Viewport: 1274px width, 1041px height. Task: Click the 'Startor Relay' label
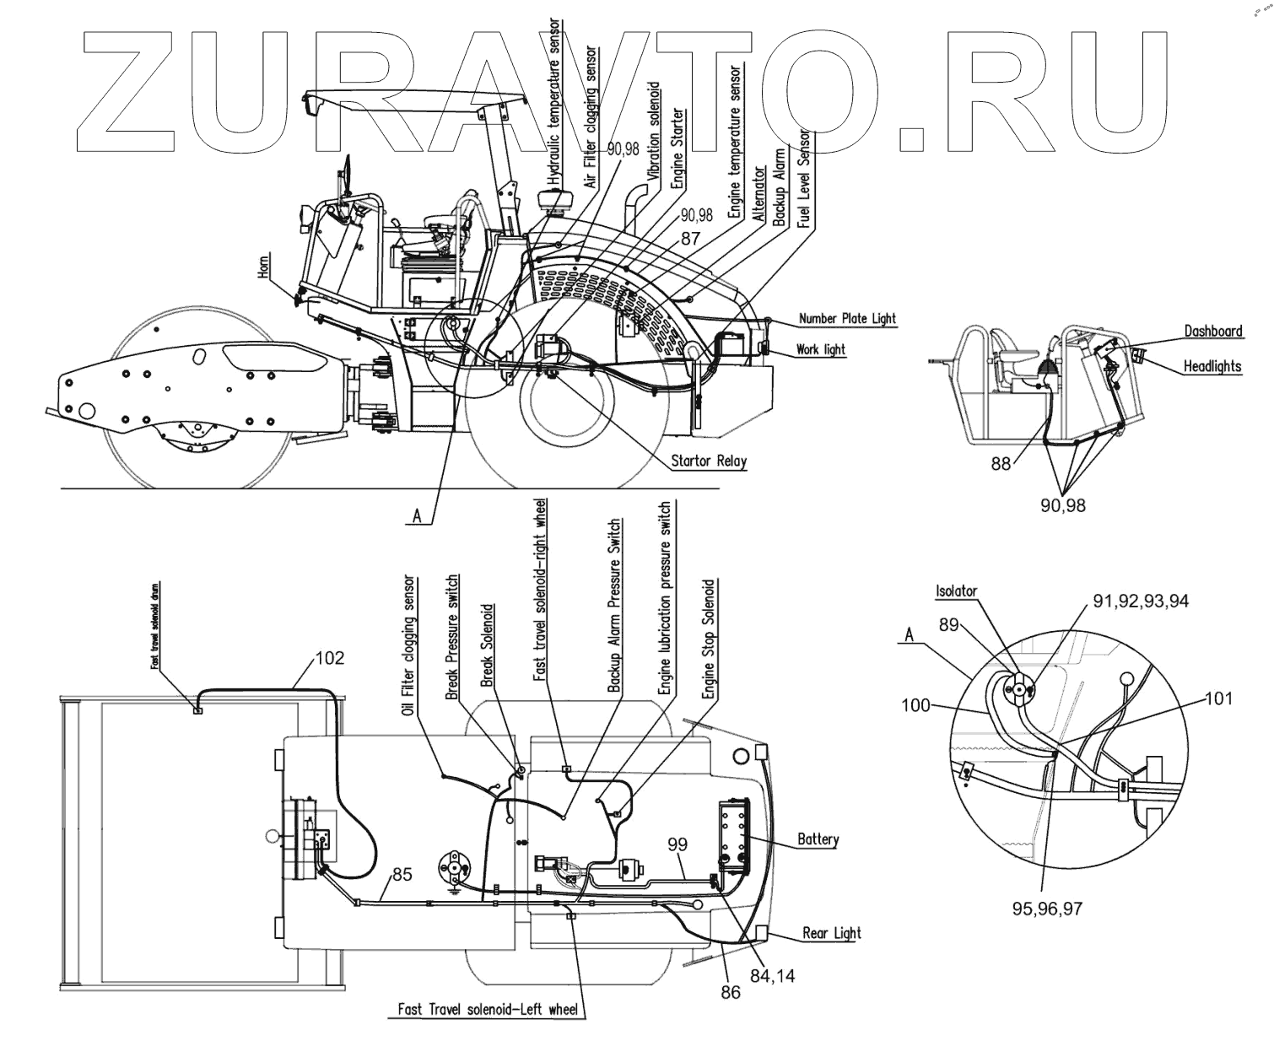pos(708,461)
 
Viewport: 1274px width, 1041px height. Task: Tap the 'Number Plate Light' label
pos(846,319)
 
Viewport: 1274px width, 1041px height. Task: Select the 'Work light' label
pos(820,349)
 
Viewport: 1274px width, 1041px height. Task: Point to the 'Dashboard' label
pos(1212,331)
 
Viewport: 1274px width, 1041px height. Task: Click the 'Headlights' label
pos(1212,366)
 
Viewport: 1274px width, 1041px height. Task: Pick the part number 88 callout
pos(1001,463)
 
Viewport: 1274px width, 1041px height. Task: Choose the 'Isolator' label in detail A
pos(956,591)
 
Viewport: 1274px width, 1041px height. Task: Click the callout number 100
pos(916,704)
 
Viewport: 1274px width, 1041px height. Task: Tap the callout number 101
pos(1217,698)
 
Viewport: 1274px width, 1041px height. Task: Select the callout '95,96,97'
pos(1046,909)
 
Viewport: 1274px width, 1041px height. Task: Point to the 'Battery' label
pos(818,839)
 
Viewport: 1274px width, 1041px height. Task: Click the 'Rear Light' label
pos(831,932)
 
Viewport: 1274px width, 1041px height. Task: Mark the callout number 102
pos(329,657)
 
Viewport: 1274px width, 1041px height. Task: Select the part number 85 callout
pos(402,875)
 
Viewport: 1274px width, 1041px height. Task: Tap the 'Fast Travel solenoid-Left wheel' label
pos(488,1009)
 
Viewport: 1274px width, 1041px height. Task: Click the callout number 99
pos(677,844)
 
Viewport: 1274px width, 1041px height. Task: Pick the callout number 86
pos(731,992)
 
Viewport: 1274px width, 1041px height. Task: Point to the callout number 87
pos(690,239)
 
